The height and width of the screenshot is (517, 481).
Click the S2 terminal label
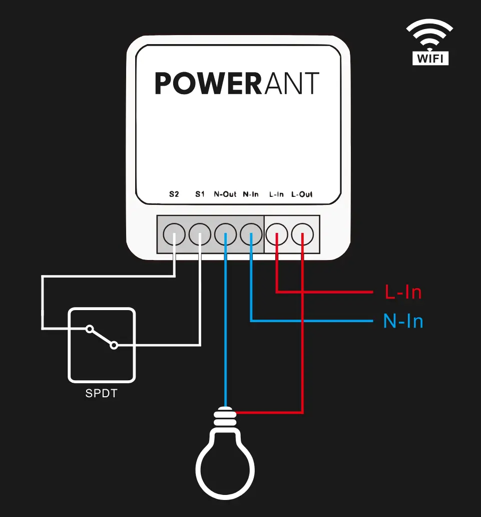coord(174,194)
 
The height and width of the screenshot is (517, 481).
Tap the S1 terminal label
coord(200,194)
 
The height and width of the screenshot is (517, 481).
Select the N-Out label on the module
coord(225,194)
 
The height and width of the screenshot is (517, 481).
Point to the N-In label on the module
coord(251,194)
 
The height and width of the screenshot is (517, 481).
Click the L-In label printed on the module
coord(276,194)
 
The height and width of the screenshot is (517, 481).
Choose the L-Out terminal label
coord(302,194)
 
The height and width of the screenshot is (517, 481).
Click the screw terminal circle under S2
coord(174,233)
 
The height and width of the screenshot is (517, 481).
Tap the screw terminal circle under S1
coord(200,233)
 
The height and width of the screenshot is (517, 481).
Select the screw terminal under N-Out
coord(225,233)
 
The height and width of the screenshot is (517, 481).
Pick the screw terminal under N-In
coord(251,233)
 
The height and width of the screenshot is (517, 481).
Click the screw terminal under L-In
coord(277,233)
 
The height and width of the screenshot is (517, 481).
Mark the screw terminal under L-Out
coord(302,233)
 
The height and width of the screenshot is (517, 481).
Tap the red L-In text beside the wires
coord(403,292)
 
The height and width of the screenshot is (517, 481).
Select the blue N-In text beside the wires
coord(403,321)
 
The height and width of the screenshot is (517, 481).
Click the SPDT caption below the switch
coord(101,394)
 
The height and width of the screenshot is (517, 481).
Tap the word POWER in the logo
coord(208,84)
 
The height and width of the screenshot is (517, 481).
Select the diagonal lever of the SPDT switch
coord(102,337)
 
